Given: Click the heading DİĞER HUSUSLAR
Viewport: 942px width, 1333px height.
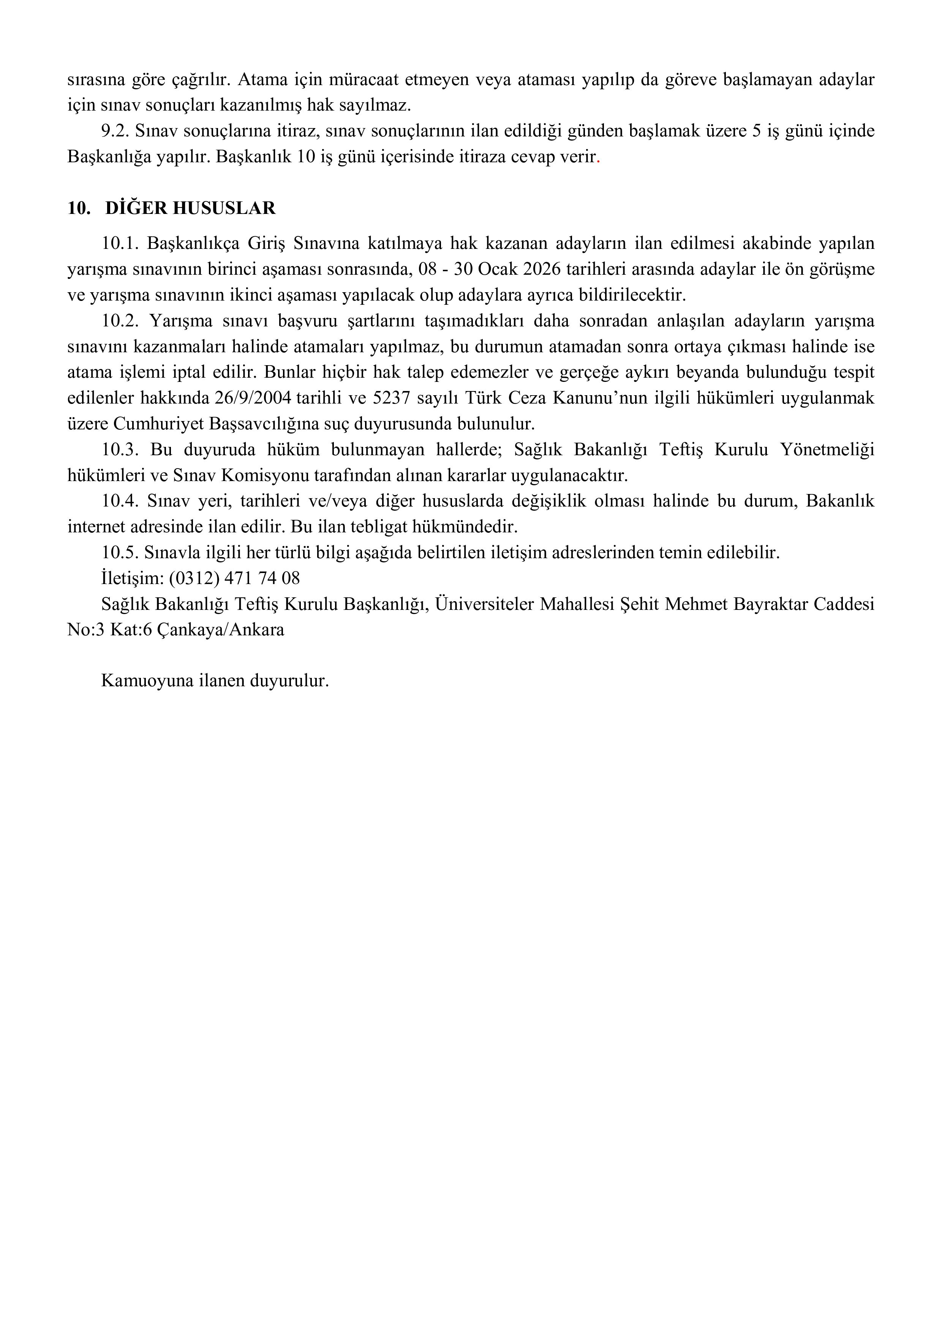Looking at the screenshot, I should point(190,209).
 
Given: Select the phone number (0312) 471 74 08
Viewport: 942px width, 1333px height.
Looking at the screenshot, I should point(234,578).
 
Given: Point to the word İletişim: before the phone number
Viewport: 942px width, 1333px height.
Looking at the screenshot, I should point(132,578).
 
